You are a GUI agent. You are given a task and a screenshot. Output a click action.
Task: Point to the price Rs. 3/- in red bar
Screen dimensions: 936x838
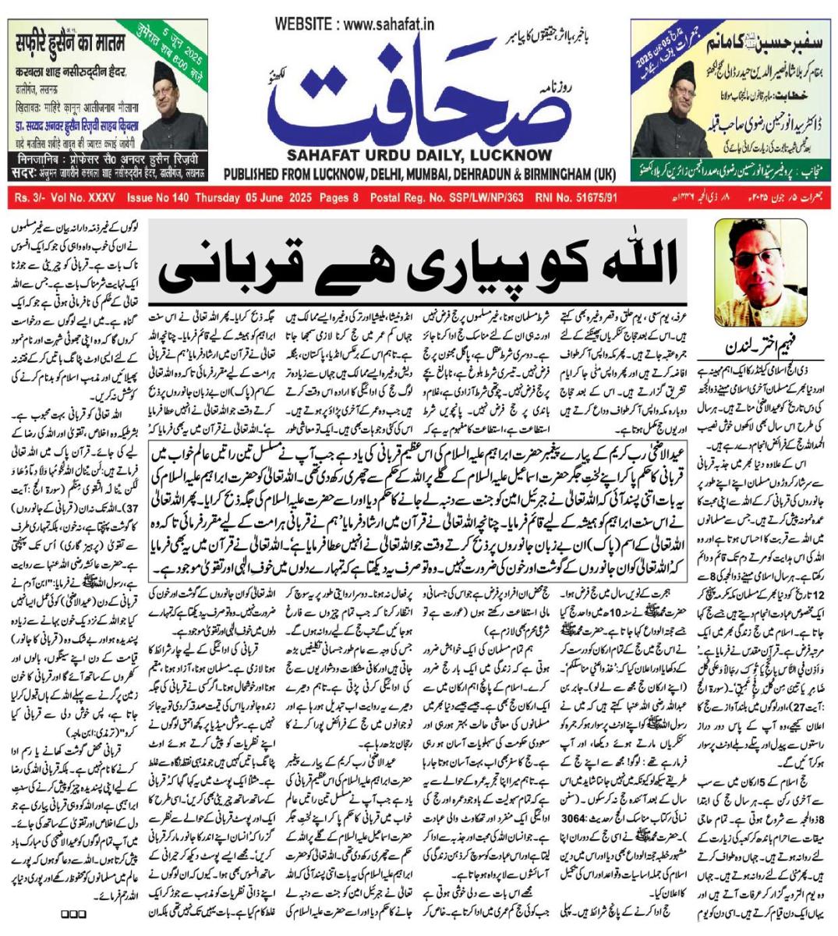pos(32,199)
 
